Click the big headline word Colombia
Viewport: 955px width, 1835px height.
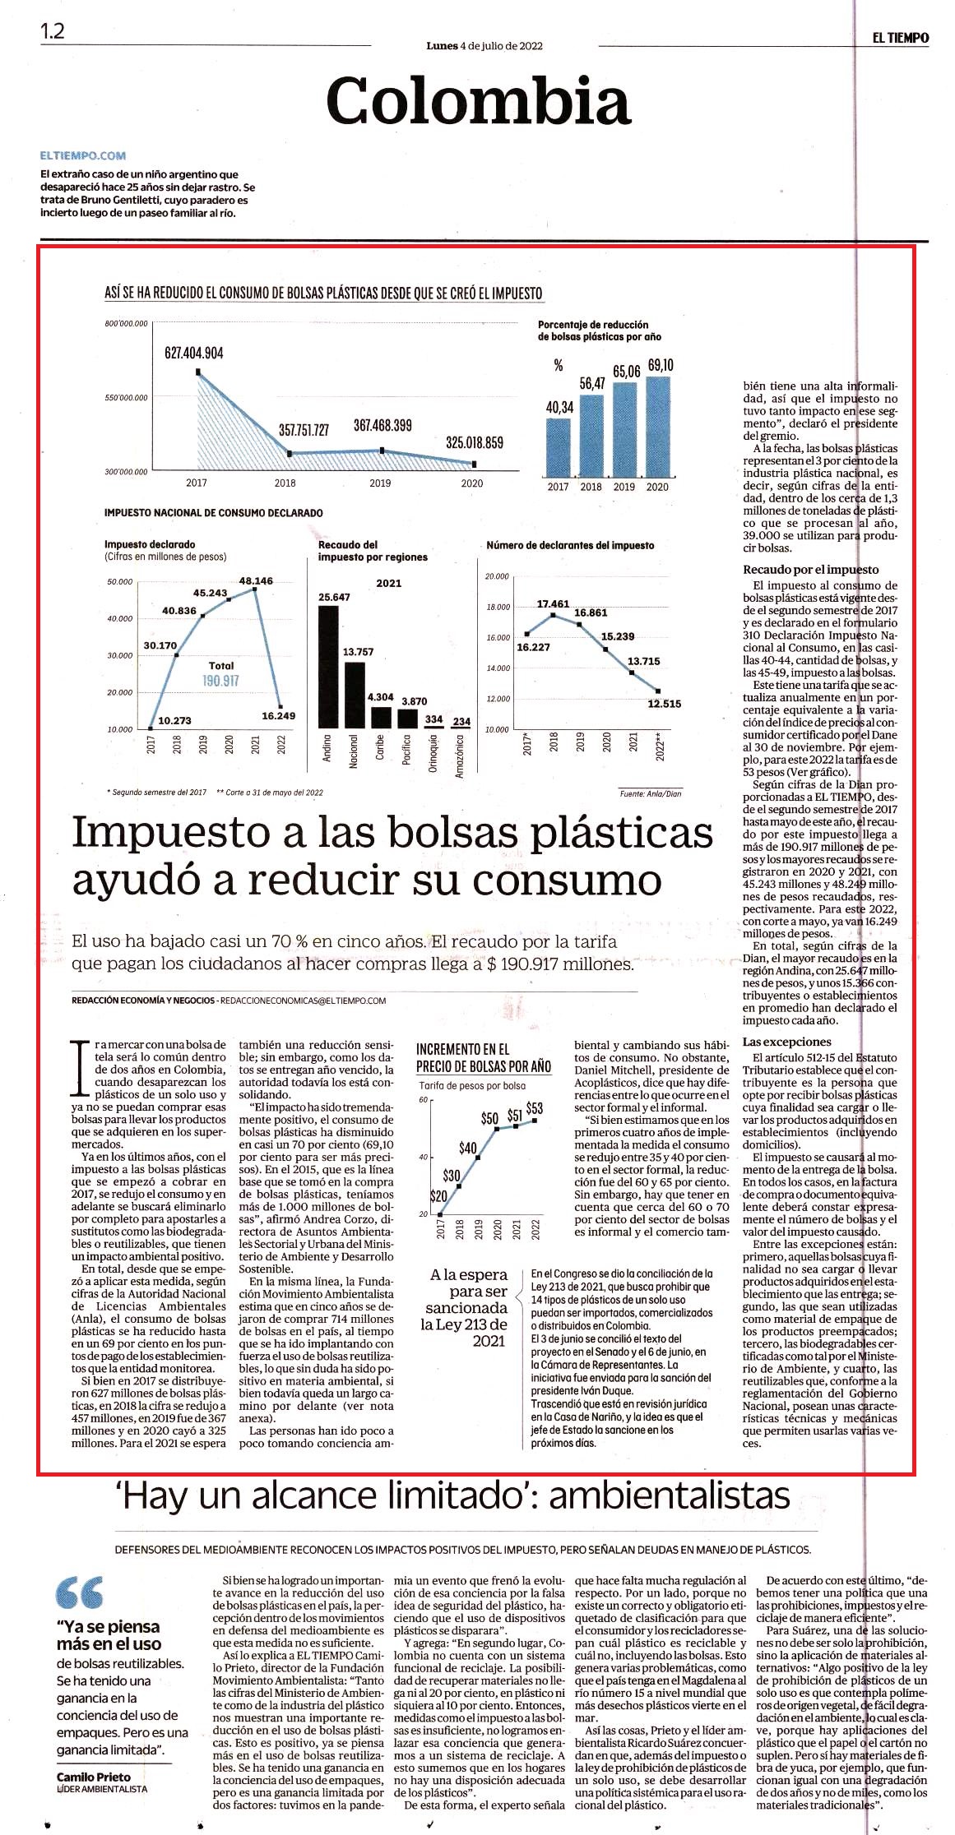pyautogui.click(x=478, y=101)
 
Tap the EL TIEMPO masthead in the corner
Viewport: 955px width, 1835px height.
pyautogui.click(x=901, y=38)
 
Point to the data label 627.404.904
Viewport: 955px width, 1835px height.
pyautogui.click(x=194, y=353)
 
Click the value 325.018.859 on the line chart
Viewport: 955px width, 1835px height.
pyautogui.click(x=475, y=442)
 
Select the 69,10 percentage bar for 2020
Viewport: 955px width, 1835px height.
pyautogui.click(x=658, y=424)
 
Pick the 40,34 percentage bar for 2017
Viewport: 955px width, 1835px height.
pyautogui.click(x=559, y=446)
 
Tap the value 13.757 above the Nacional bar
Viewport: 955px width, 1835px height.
pyautogui.click(x=358, y=652)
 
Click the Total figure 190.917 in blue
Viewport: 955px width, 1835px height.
pyautogui.click(x=220, y=681)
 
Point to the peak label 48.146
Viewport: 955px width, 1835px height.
pyautogui.click(x=256, y=580)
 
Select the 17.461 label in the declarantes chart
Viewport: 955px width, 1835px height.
pyautogui.click(x=553, y=604)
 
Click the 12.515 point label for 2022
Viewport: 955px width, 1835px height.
pyautogui.click(x=664, y=704)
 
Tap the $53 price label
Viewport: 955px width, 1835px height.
pyautogui.click(x=535, y=1108)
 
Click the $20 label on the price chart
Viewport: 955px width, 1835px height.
pyautogui.click(x=438, y=1196)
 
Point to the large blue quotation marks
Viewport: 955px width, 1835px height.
pyautogui.click(x=80, y=1592)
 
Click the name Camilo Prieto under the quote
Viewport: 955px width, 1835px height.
pyautogui.click(x=93, y=1777)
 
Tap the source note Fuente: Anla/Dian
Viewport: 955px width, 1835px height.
pyautogui.click(x=650, y=793)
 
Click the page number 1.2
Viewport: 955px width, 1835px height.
pyautogui.click(x=53, y=31)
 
